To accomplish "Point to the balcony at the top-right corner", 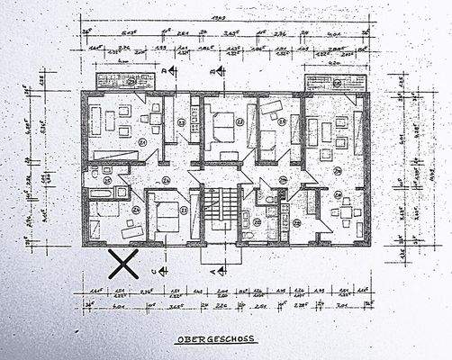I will click(335, 83).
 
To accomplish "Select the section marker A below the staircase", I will click(213, 267).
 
